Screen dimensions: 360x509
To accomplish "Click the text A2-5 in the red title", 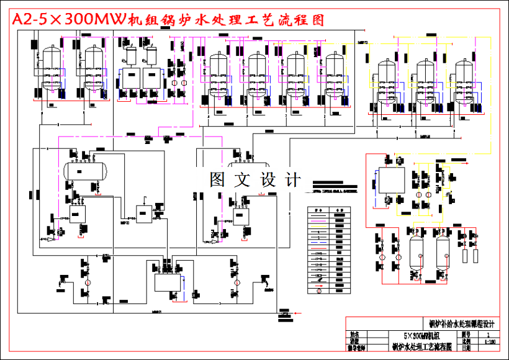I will [x=30, y=19].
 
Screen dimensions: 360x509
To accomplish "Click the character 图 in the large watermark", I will [x=217, y=181].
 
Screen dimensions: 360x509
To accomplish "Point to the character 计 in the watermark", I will [x=293, y=181].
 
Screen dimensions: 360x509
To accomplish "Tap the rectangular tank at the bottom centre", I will [x=165, y=281].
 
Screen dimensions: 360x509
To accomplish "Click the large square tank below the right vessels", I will [x=391, y=182].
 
